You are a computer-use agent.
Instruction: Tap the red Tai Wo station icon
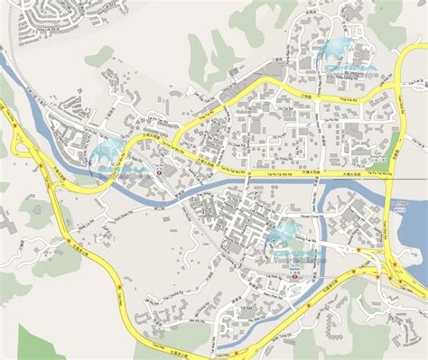click(159, 174)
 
